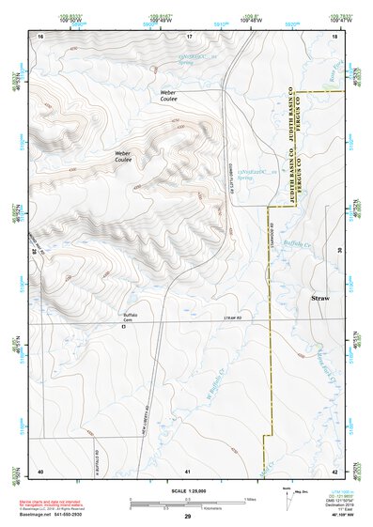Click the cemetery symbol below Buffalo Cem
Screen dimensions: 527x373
pyautogui.click(x=123, y=327)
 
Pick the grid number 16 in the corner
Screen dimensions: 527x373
pyautogui.click(x=40, y=35)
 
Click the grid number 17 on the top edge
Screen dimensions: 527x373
pyautogui.click(x=189, y=35)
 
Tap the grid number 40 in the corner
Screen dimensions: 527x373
pyautogui.click(x=40, y=470)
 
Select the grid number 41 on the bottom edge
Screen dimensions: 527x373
pyautogui.click(x=189, y=470)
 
